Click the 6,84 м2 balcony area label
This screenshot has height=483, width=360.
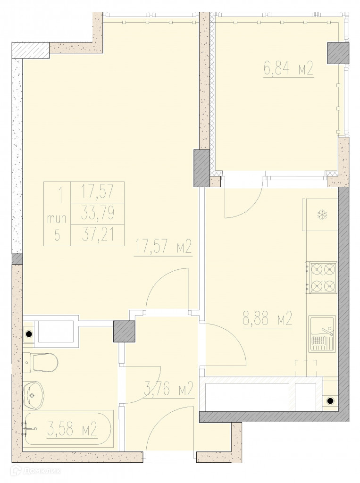point(288,68)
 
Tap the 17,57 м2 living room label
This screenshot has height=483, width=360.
point(163,247)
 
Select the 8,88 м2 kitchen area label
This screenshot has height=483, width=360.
point(267,319)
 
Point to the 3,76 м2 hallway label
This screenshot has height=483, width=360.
point(169,389)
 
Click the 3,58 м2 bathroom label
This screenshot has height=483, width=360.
point(73,429)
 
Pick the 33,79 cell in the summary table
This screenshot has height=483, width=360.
point(97,213)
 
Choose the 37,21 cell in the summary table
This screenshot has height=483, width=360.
point(97,235)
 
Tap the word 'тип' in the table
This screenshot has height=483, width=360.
point(57,219)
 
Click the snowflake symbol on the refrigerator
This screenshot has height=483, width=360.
point(322,215)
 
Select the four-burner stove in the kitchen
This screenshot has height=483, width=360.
point(321,277)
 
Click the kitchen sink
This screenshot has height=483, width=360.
point(322,333)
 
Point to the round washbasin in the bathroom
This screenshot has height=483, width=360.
point(33,396)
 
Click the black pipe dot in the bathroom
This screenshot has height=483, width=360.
point(29,333)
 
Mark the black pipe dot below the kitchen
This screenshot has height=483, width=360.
point(330,401)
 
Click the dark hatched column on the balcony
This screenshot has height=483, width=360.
point(338,53)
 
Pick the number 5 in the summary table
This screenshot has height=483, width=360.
point(57,235)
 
